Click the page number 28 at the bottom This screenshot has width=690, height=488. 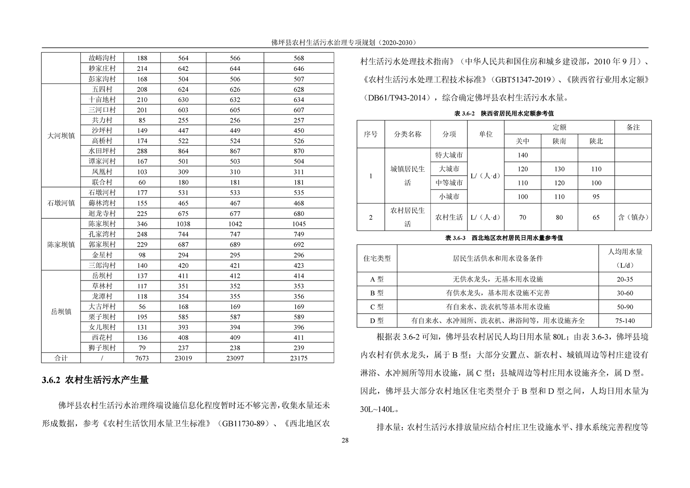345,440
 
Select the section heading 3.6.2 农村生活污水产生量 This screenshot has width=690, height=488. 95,380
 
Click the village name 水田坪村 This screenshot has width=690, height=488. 102,151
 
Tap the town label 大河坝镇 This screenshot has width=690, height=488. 61,136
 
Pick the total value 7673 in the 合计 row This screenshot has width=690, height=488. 142,358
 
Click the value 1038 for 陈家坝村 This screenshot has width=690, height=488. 183,224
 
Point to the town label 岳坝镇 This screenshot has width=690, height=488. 61,311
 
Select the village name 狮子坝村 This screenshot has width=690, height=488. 102,348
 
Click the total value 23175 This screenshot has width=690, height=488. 298,358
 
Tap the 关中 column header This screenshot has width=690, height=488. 522,141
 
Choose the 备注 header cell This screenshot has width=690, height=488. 633,127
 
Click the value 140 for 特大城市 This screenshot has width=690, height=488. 522,155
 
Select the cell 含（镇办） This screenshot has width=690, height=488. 633,217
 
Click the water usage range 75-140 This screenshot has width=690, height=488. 625,321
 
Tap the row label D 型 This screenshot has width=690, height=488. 377,321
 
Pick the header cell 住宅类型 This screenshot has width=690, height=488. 377,258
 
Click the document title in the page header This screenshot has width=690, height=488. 344,42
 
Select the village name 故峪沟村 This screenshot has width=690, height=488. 102,58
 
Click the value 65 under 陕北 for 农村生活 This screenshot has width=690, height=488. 596,217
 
